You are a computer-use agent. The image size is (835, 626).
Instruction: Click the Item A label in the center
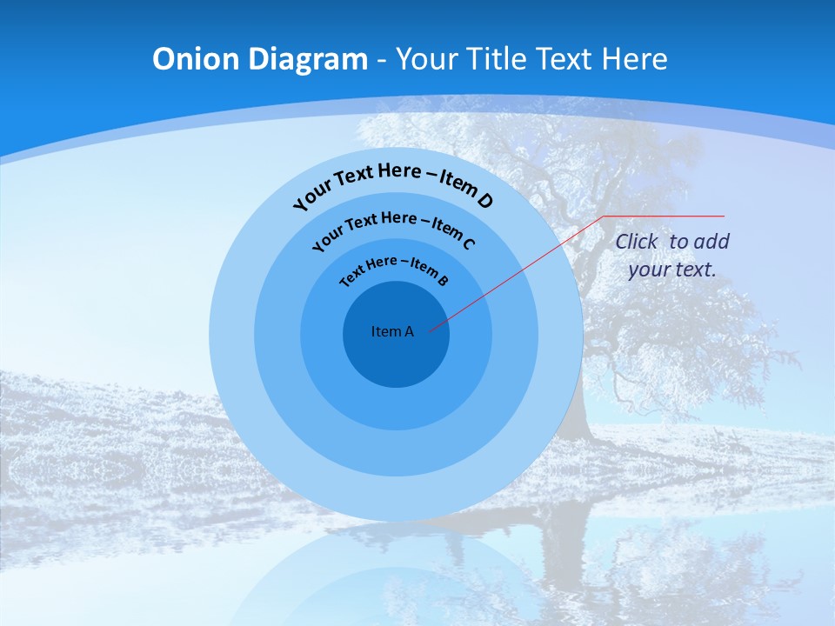coord(392,331)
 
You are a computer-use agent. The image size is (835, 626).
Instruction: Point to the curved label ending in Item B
coord(394,270)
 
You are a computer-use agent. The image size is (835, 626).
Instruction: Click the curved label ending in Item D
coord(393,183)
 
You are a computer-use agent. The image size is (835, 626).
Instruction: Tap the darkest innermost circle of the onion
coord(396,356)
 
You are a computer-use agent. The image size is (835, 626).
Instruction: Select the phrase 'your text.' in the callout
coord(671,270)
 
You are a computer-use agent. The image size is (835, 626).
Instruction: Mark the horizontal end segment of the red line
coord(665,216)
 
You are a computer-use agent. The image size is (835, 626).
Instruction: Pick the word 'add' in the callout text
coord(711,242)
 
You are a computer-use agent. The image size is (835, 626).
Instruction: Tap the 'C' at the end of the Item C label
coord(469,243)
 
